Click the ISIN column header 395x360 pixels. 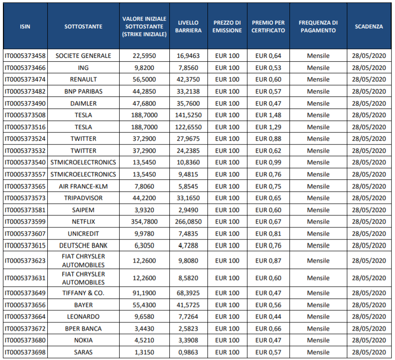[x=25, y=27]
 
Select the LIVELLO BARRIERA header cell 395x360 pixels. [x=188, y=27]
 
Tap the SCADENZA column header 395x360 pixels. [x=369, y=27]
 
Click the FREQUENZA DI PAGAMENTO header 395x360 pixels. [x=318, y=27]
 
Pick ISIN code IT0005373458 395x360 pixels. [x=25, y=55]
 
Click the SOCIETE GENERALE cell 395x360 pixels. [x=83, y=55]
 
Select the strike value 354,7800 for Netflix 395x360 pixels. [x=144, y=222]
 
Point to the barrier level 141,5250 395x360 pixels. [x=188, y=115]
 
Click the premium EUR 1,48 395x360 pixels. [x=268, y=115]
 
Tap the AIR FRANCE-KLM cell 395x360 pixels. [x=83, y=187]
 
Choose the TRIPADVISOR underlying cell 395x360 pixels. [x=83, y=198]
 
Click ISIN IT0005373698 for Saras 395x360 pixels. [x=25, y=352]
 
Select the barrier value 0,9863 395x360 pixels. [x=188, y=352]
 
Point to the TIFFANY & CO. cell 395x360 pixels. [x=83, y=293]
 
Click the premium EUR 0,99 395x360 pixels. [x=268, y=162]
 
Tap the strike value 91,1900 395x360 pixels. [x=144, y=293]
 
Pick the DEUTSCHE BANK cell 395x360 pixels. [x=83, y=245]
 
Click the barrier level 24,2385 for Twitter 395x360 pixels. [x=188, y=150]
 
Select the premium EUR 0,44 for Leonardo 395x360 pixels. [x=268, y=317]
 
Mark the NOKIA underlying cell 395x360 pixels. [x=83, y=340]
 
